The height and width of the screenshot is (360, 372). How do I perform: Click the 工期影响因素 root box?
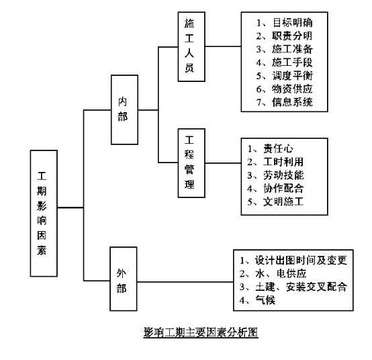(44, 213)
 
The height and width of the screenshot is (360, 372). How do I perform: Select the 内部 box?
(124, 109)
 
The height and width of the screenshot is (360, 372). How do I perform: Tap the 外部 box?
(124, 279)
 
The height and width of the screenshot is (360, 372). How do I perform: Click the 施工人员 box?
(191, 47)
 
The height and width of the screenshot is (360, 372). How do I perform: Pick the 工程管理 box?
(191, 163)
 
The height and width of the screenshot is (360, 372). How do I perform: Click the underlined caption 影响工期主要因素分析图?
(201, 332)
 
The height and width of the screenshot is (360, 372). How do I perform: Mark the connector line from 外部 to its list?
(185, 282)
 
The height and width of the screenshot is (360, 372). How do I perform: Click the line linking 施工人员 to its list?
(223, 46)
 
